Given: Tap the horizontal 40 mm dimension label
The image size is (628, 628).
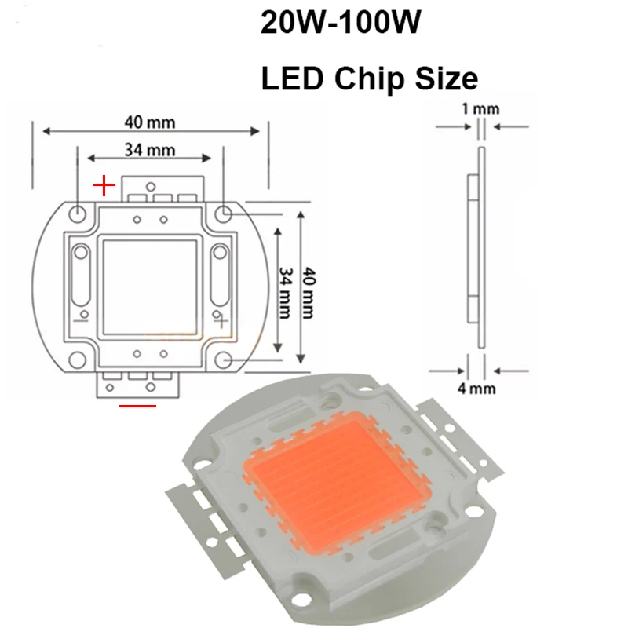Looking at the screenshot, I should tap(149, 122).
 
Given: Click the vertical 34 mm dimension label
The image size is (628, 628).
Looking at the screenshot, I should tap(286, 287).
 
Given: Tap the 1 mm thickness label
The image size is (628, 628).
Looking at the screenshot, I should tap(480, 109).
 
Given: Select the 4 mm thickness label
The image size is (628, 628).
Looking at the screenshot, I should tap(480, 387).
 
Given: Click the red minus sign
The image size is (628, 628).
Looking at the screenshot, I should tap(137, 405).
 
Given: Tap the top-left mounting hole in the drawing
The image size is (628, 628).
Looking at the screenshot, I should tap(78, 214).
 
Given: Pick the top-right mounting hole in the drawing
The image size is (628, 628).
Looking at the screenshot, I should tap(224, 213).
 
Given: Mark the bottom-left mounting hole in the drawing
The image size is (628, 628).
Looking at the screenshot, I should tap(78, 360).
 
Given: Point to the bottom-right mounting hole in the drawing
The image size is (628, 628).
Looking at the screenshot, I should tap(224, 360).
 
